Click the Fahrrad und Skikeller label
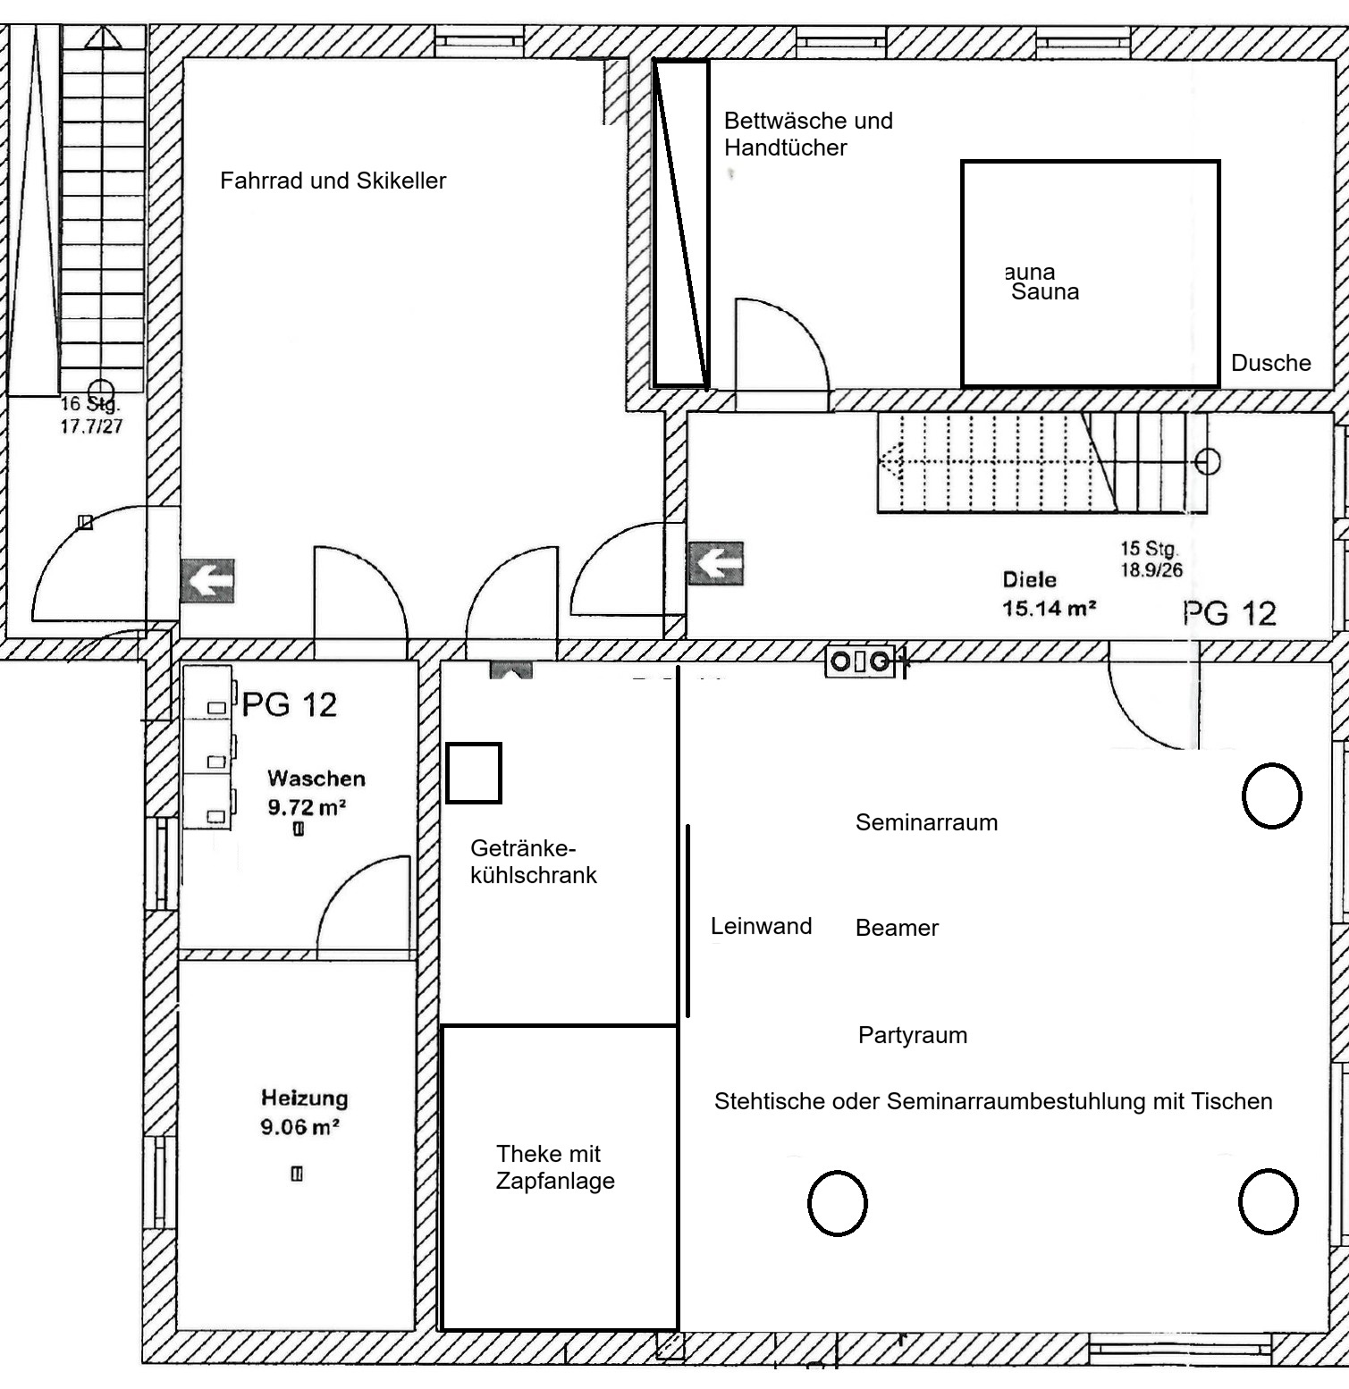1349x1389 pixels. tap(333, 181)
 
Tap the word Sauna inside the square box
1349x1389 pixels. tap(1045, 292)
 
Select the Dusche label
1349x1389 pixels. tap(1270, 363)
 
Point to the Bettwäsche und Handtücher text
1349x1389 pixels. tap(808, 134)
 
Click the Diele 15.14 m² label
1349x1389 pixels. tap(1049, 594)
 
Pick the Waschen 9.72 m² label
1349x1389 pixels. tap(316, 793)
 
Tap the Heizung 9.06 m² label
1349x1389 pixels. tap(304, 1112)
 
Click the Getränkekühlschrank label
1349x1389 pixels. tap(533, 862)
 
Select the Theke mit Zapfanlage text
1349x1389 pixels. tap(555, 1167)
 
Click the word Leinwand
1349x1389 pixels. tap(761, 926)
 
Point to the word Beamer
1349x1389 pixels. tap(897, 928)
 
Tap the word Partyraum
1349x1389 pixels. tap(913, 1035)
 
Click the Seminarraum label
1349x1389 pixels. tap(926, 822)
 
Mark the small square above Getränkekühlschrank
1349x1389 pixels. tap(474, 773)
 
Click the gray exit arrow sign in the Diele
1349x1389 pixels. tap(716, 563)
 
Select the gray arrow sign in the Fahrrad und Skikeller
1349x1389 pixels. tap(207, 581)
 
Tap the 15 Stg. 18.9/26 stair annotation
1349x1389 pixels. tap(1151, 560)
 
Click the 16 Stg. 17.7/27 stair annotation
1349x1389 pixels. tap(91, 416)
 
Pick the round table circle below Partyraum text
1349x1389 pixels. tap(838, 1203)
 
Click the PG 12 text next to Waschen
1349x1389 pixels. tap(290, 705)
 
